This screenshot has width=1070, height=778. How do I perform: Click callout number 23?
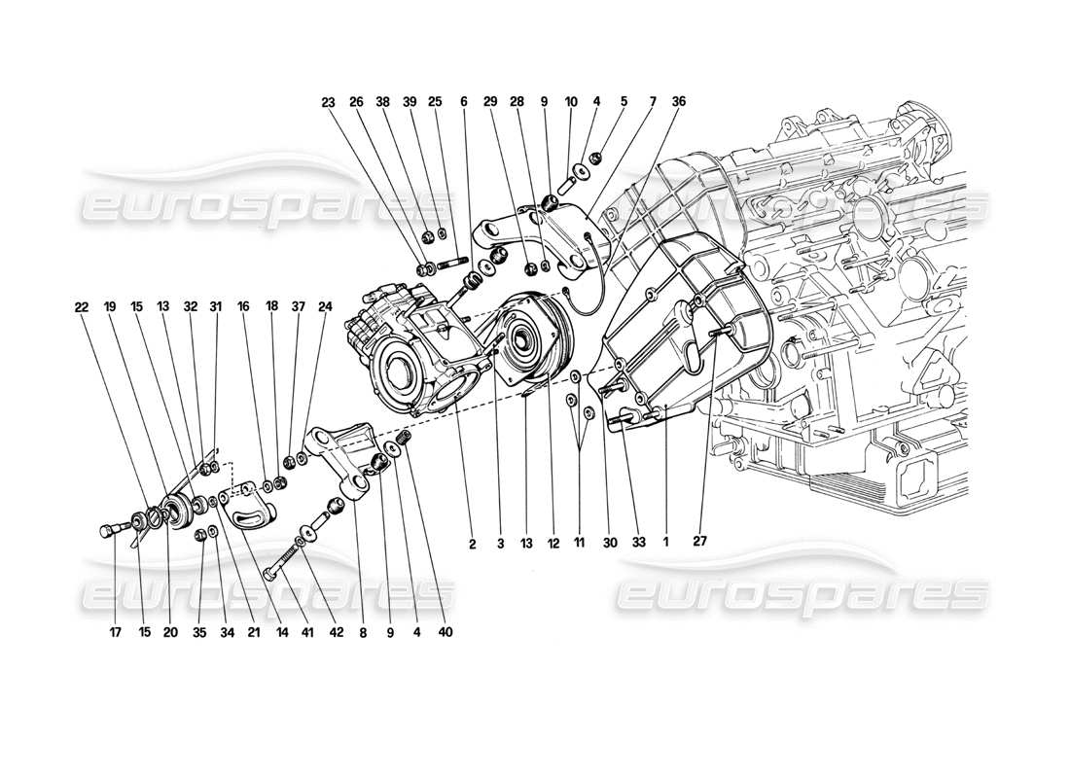(328, 101)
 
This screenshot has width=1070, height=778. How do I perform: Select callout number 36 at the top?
(678, 101)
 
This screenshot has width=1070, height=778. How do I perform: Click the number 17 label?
(114, 632)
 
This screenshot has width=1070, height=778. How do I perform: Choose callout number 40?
(446, 632)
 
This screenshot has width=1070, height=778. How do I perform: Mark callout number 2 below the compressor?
(472, 545)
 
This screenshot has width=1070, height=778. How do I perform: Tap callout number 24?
(325, 306)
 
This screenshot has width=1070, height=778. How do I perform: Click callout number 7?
(652, 101)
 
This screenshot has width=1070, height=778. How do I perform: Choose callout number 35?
(200, 632)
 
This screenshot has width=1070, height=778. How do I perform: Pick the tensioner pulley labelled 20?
(176, 511)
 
